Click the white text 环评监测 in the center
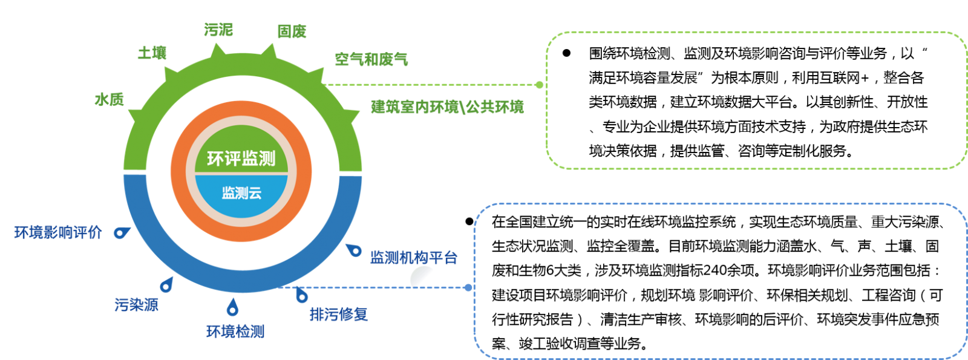click(241, 159)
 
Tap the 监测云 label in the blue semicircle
click(241, 193)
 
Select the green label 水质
click(110, 99)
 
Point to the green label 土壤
click(152, 53)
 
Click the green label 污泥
click(218, 30)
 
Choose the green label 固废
click(292, 31)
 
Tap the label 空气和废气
click(371, 59)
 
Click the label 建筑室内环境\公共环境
click(447, 108)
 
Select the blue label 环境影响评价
click(59, 232)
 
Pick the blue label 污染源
click(137, 304)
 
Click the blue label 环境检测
click(235, 332)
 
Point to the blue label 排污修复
click(339, 315)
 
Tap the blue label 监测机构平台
click(414, 258)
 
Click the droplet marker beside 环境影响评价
click(122, 232)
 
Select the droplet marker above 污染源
click(166, 284)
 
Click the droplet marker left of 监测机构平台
click(354, 249)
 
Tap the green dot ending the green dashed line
click(539, 85)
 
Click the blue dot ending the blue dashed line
click(468, 287)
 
